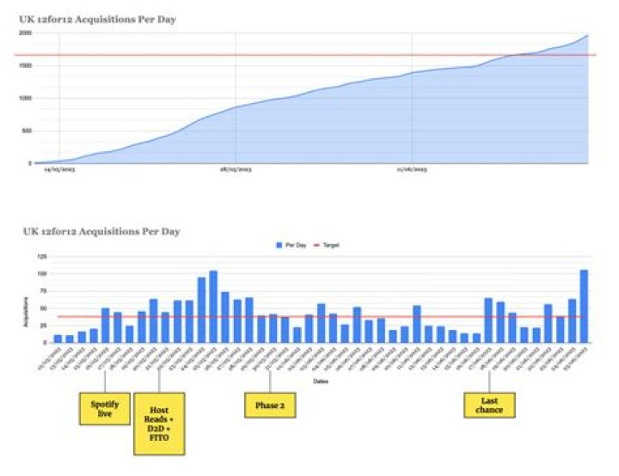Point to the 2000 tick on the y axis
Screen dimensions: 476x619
[x=24, y=33]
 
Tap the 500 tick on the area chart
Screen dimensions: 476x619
[x=26, y=131]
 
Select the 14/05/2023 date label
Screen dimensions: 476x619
[x=58, y=171]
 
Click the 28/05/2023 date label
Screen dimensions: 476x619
[x=235, y=171]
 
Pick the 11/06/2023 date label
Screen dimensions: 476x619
[x=412, y=171]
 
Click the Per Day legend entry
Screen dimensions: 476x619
[x=291, y=245]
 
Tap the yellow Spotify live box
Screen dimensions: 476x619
[x=105, y=408]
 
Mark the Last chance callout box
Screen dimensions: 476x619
[x=488, y=405]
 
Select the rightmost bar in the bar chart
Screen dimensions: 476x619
[x=584, y=306]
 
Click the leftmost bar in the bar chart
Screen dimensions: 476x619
[x=58, y=339]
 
